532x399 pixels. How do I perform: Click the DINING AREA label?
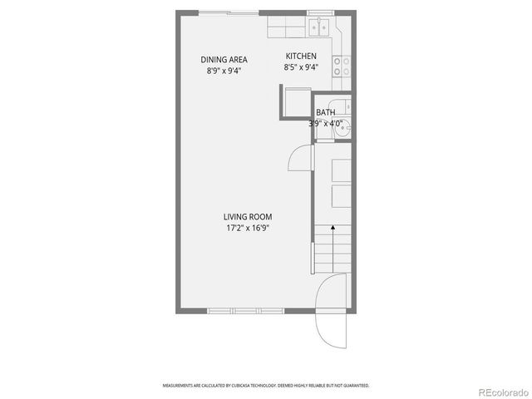224,59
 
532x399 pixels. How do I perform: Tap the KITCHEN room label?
301,56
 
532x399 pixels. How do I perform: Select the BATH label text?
325,112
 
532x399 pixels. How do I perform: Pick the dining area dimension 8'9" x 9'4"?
224,71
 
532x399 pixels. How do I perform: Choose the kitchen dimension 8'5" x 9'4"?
301,67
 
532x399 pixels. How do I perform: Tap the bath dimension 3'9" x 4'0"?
327,124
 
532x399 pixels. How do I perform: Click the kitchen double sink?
318,27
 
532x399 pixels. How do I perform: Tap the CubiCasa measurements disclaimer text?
266,386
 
